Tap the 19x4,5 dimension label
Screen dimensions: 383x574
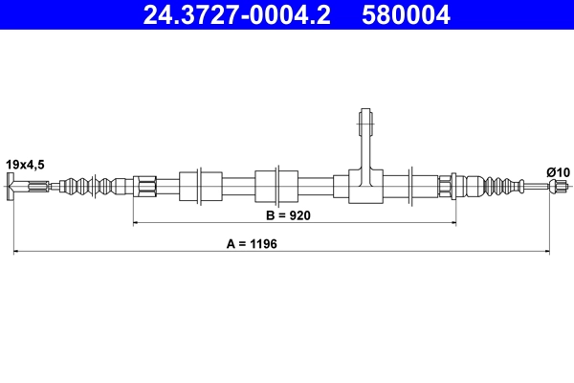(27, 164)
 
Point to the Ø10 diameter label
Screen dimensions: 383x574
(558, 170)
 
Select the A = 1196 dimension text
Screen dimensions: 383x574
(258, 245)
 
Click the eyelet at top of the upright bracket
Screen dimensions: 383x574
(365, 122)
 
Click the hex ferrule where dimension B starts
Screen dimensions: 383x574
(144, 185)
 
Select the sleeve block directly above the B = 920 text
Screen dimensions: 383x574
(267, 185)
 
